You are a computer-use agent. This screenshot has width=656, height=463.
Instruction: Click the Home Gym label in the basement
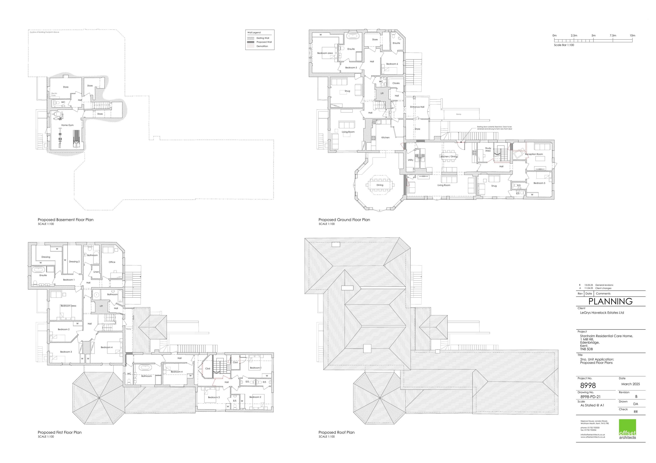67,125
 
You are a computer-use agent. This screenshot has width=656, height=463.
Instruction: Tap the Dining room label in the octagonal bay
380,185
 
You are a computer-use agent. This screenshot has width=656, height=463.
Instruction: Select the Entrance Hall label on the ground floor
417,107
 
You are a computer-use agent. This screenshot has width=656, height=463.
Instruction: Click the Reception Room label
534,154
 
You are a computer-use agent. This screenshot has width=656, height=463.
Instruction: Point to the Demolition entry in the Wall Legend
262,46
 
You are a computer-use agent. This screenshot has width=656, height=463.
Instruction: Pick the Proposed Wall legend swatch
251,42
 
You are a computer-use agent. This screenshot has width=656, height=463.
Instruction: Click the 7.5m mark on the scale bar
613,36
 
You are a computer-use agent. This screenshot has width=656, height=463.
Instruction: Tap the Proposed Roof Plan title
336,432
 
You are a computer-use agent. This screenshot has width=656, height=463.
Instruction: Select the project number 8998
588,386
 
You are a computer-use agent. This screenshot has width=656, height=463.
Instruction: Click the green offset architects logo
627,429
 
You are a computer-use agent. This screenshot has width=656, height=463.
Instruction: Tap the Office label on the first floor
112,262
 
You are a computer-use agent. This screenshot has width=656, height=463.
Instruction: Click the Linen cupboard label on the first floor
96,272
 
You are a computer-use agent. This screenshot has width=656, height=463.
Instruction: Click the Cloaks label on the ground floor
396,83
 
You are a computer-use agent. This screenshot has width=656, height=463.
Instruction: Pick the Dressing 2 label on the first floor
74,262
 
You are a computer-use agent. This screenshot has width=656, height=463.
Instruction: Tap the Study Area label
488,149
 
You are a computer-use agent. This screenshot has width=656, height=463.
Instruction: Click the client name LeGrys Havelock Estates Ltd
602,313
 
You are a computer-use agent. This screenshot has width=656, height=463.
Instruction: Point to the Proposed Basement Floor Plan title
65,220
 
